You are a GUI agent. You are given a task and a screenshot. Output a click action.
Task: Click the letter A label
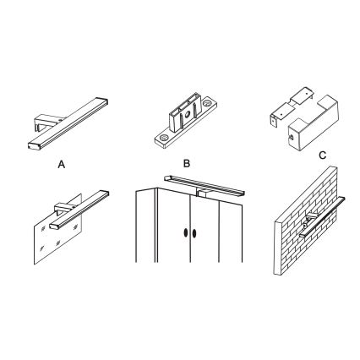[62, 164]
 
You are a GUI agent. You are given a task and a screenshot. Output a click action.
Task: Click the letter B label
[187, 163]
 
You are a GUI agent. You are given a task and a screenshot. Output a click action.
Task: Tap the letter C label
[323, 155]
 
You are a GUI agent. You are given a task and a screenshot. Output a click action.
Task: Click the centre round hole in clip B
[187, 115]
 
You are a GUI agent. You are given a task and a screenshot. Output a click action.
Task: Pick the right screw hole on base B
[208, 102]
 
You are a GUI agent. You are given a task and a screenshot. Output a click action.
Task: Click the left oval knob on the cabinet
[186, 233]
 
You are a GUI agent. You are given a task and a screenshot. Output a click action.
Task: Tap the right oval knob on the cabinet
[194, 233]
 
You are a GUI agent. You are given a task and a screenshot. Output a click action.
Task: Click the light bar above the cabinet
[205, 185]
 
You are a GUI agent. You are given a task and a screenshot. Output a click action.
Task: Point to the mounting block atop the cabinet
[203, 193]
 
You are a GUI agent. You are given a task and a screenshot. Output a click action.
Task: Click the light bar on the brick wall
[322, 217]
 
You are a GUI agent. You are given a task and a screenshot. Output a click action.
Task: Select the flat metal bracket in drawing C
[291, 106]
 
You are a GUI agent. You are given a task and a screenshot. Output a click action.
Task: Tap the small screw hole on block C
[292, 138]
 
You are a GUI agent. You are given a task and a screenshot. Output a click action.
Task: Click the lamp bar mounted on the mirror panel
[79, 210]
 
